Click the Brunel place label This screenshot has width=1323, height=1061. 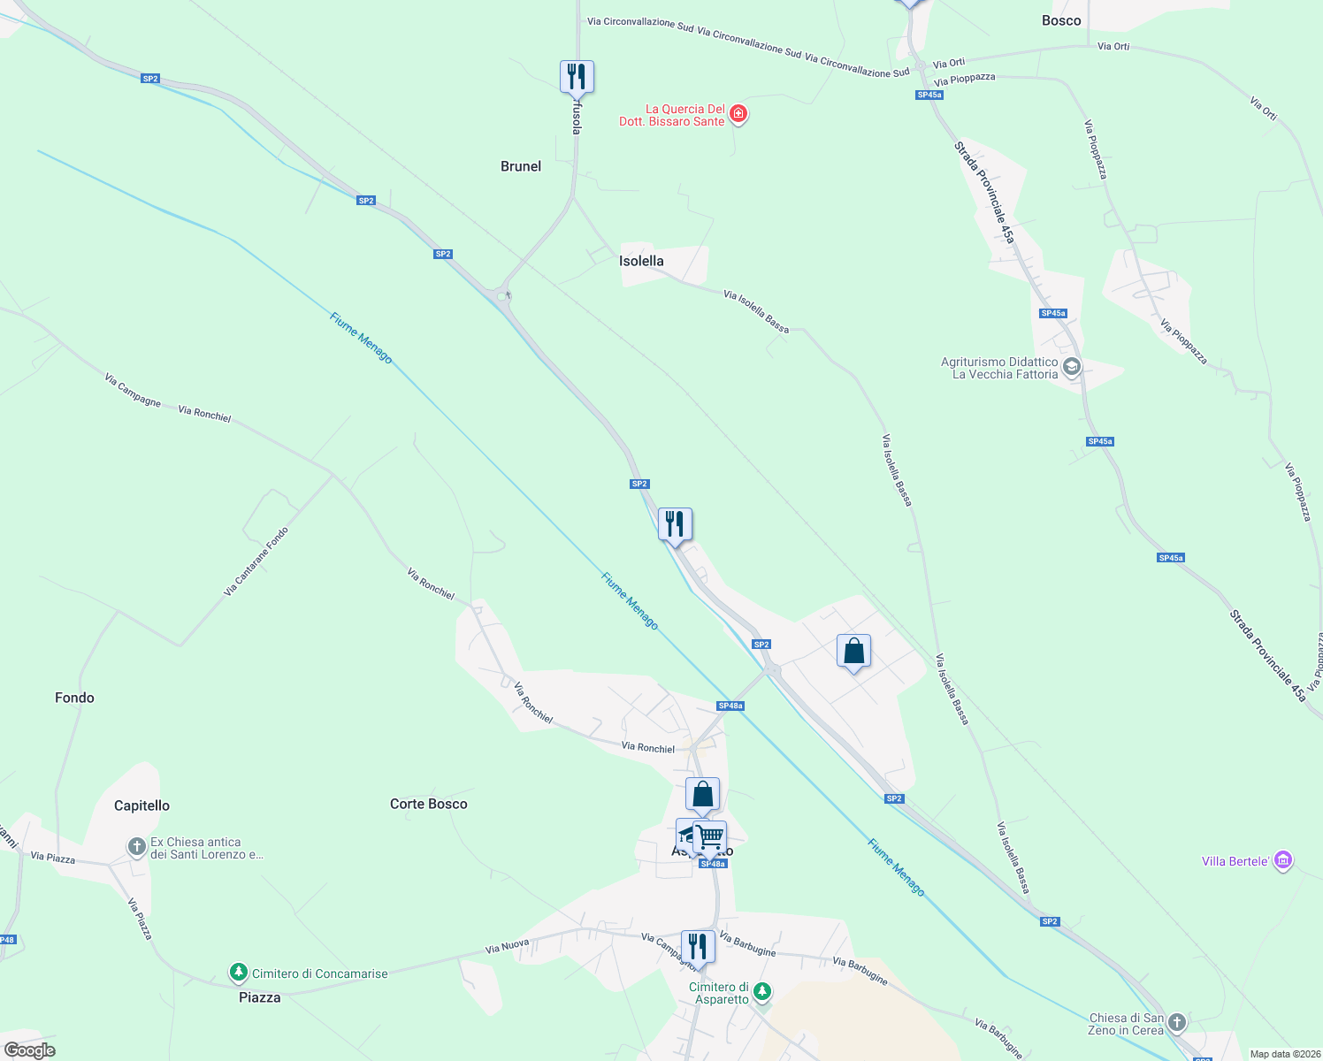[x=521, y=166]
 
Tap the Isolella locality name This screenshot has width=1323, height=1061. [x=641, y=261]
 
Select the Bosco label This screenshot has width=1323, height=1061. [x=1061, y=20]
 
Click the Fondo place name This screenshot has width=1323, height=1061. [x=74, y=698]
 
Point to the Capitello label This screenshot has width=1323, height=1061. [x=141, y=805]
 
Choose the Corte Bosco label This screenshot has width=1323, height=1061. [x=429, y=804]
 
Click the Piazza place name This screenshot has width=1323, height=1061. [x=260, y=997]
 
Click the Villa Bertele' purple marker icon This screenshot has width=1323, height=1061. [x=1284, y=860]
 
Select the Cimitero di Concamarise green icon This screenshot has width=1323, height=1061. [x=238, y=973]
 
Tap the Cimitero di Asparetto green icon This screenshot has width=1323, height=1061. [x=762, y=992]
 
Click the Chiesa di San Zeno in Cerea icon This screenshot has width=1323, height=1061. [x=1176, y=1023]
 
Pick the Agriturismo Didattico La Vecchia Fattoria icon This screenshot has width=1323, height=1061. [x=1072, y=367]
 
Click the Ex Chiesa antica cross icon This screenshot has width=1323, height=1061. [x=136, y=847]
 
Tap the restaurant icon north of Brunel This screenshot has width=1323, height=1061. [x=577, y=77]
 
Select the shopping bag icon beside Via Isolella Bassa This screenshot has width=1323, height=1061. [x=853, y=652]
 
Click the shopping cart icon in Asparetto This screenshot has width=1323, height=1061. [x=710, y=836]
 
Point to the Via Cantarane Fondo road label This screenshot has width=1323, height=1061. [x=256, y=561]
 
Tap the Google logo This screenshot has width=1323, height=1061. [x=30, y=1050]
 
